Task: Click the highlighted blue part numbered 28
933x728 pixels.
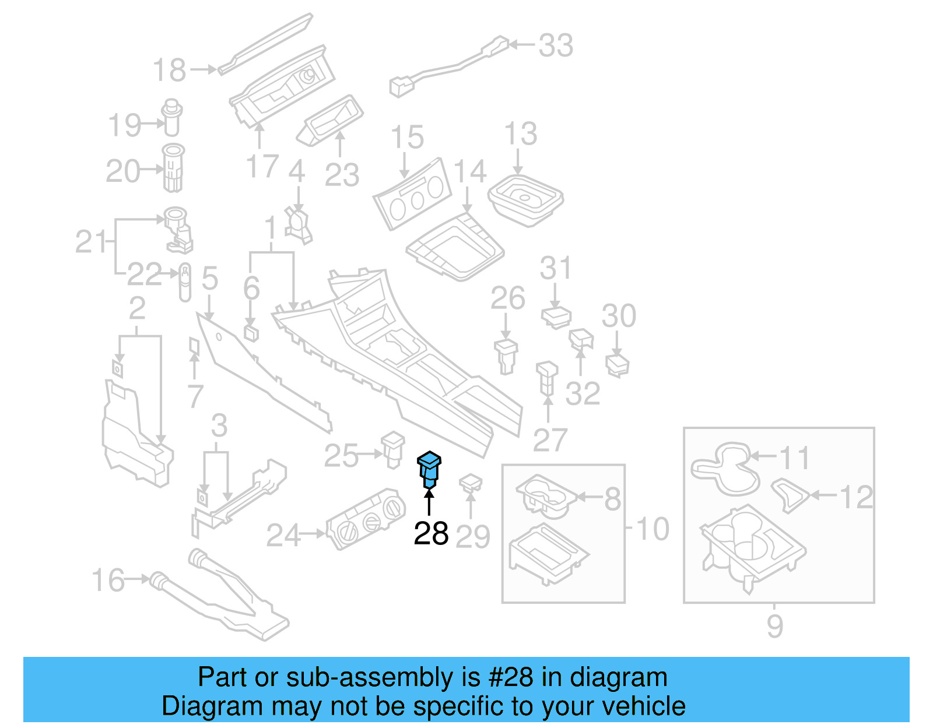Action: point(429,470)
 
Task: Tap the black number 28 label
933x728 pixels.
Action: point(431,533)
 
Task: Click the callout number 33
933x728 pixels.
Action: point(555,45)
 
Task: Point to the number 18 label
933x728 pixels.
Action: point(169,70)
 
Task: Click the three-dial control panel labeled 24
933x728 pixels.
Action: point(365,518)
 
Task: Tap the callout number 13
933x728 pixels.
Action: point(520,134)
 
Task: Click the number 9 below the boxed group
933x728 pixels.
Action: point(774,625)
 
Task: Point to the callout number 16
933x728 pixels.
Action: point(108,580)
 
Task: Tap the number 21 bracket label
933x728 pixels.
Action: point(92,241)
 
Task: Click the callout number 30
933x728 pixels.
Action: point(619,316)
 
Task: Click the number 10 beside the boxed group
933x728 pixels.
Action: point(652,529)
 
